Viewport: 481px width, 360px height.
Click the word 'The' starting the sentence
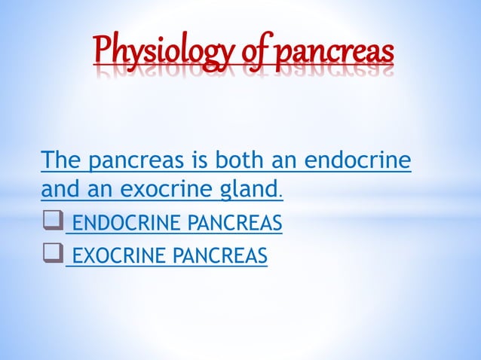pos(61,160)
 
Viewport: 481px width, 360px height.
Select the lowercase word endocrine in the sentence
pos(359,160)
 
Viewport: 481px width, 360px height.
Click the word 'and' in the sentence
pos(60,188)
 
